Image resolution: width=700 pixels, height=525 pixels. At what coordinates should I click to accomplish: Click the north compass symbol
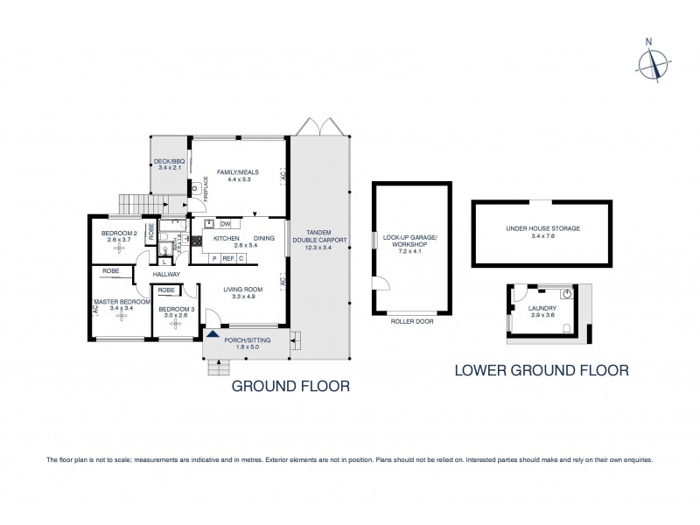coord(651,62)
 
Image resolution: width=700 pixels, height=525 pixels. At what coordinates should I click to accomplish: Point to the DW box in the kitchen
coord(224,224)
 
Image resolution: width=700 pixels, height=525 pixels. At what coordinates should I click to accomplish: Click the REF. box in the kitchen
coord(227,258)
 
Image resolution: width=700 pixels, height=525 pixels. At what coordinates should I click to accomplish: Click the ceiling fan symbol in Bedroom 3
coord(176,324)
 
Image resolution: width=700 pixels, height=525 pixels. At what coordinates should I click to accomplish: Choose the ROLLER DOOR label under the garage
coord(411,322)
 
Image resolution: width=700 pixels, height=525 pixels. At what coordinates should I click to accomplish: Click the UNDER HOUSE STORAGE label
coord(542,227)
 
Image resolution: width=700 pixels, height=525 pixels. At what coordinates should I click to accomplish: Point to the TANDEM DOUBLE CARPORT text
coord(319,239)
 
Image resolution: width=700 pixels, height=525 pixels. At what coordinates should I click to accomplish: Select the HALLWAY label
coord(166,275)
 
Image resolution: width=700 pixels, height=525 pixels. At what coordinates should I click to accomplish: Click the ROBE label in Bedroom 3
coord(166,290)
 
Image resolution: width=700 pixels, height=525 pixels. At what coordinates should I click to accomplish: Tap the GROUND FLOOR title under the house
coord(290,385)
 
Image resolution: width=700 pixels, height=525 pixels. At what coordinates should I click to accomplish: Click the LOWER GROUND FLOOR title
coord(542,370)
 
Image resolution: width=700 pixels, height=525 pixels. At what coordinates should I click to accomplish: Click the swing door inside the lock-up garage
coord(381,284)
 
